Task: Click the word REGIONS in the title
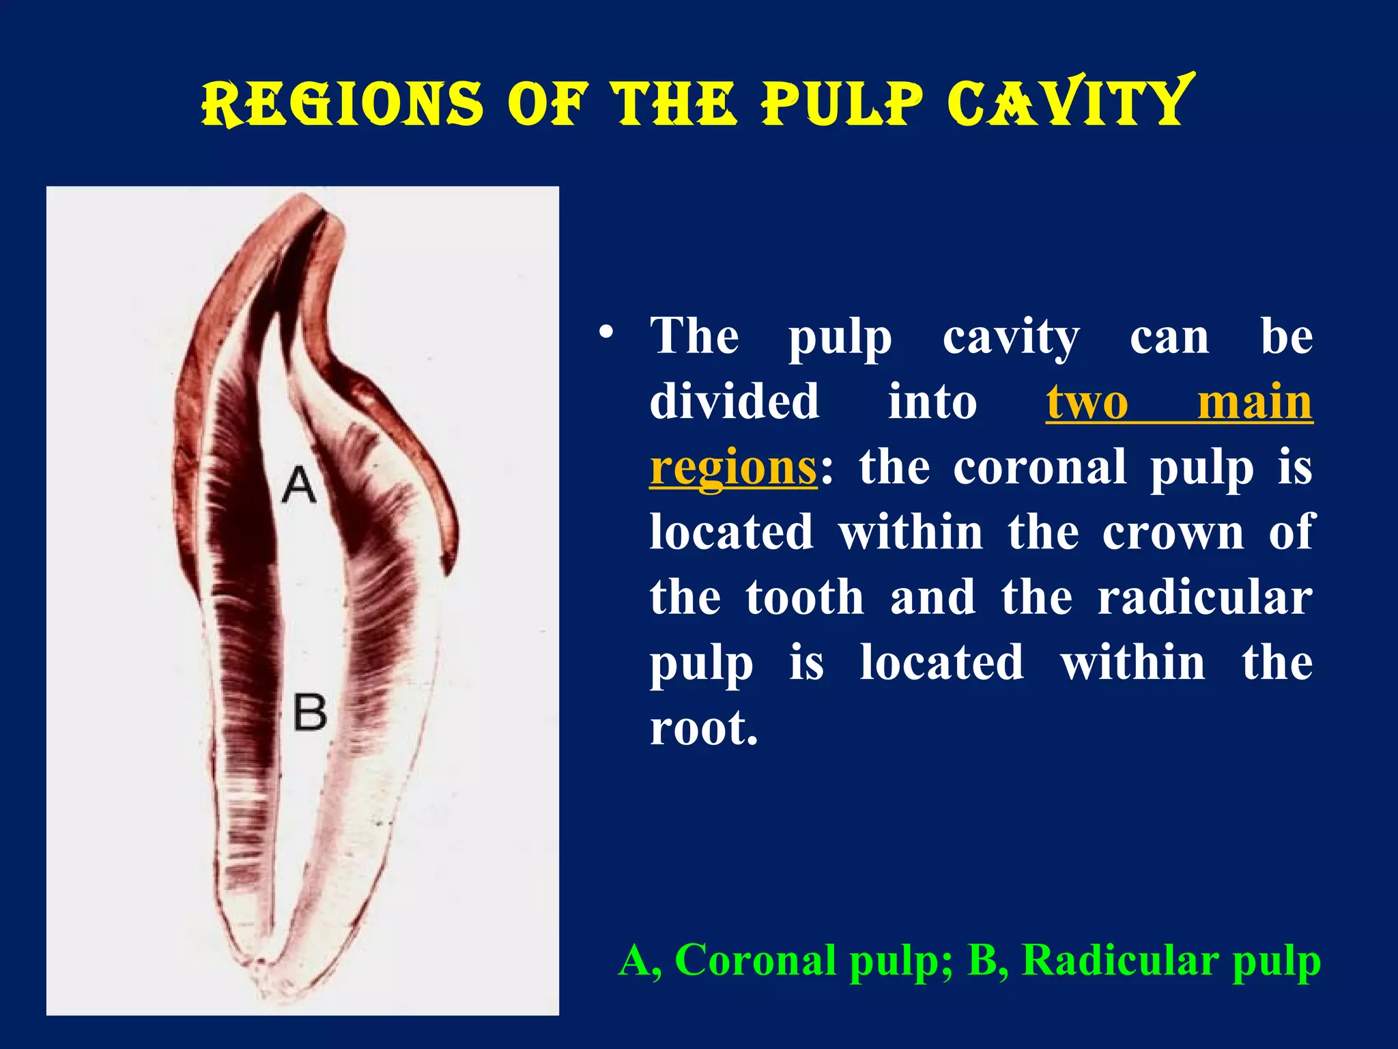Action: (342, 104)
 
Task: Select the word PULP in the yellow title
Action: (842, 104)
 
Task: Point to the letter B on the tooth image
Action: (310, 712)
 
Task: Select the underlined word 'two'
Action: (1087, 402)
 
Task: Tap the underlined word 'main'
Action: (1255, 402)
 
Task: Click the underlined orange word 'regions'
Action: (732, 468)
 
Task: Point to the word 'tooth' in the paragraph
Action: (805, 598)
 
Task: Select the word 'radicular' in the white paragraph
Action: (1204, 598)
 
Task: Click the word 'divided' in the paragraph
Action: (734, 402)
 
